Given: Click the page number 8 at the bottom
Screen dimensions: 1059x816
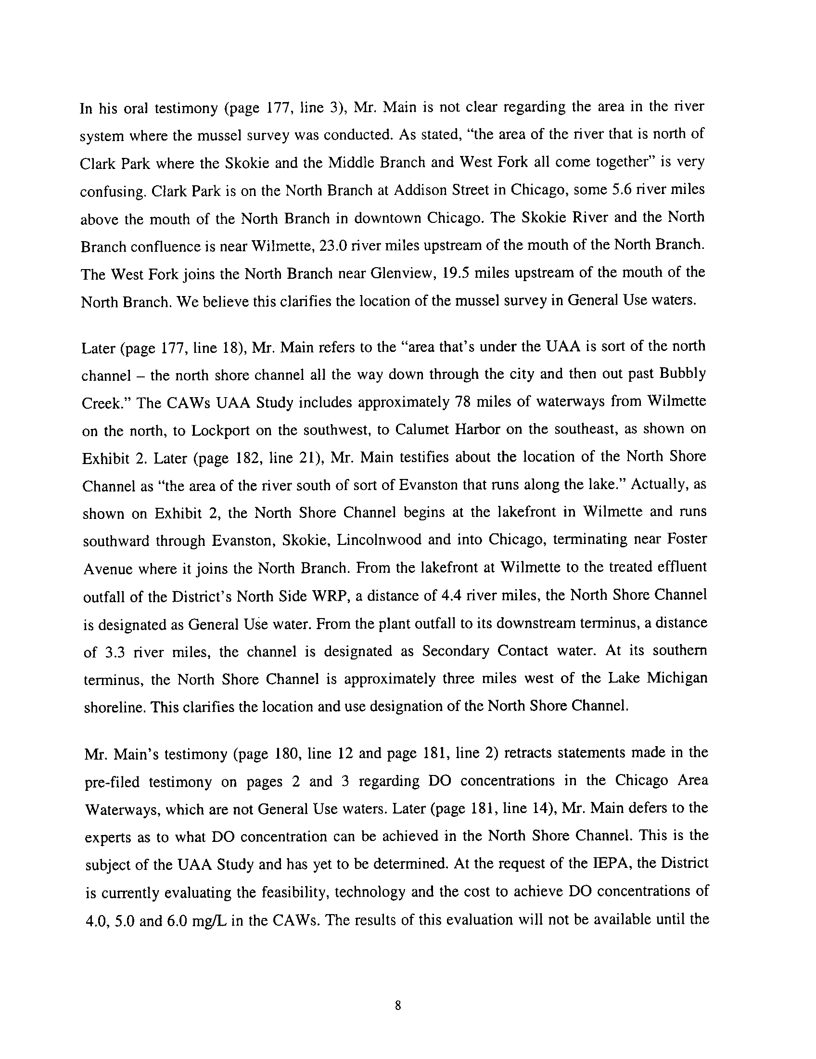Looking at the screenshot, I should point(398,1006).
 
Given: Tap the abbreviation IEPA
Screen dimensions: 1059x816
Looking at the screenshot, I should point(611,863).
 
